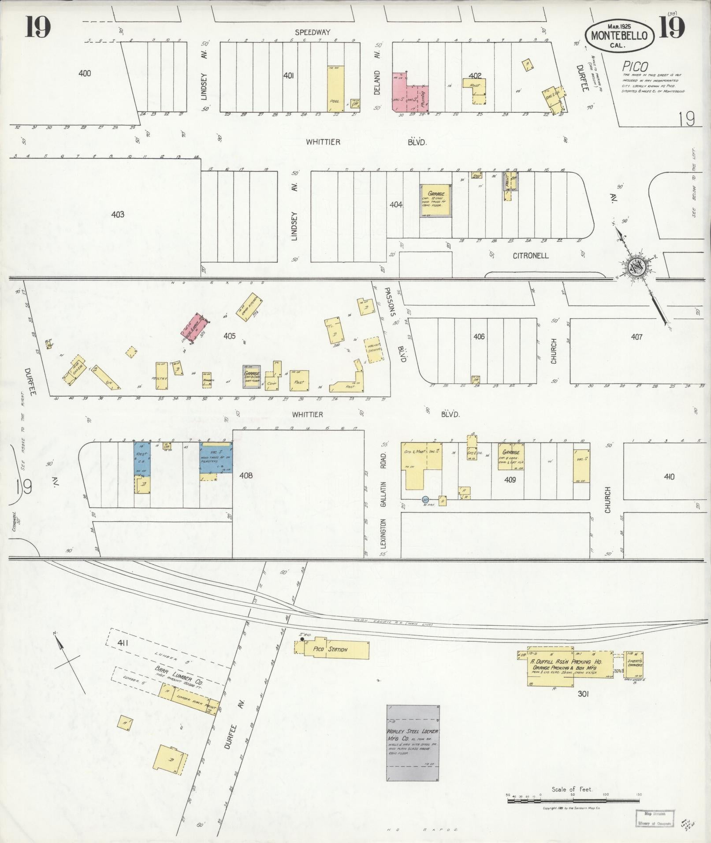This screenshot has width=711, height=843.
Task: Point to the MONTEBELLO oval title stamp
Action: tap(619, 37)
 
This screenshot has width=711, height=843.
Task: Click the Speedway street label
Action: tap(313, 32)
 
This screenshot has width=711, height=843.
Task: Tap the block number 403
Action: tap(118, 215)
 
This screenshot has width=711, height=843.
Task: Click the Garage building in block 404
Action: tap(436, 201)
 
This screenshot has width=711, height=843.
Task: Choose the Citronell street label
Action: tap(530, 256)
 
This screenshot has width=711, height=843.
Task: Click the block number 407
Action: tap(636, 337)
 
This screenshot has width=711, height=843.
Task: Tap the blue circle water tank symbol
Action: tap(425, 500)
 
